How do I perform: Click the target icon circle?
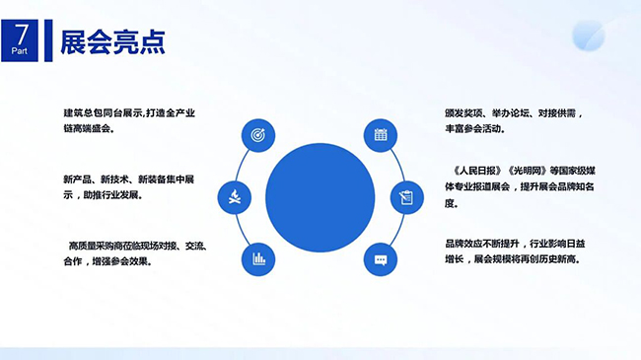258,135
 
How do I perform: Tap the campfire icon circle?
235,197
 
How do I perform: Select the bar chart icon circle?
258,259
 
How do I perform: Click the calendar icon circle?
381,135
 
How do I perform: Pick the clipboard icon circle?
406,197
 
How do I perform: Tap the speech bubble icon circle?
381,259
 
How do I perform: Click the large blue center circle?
320,197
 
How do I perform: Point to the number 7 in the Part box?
21,35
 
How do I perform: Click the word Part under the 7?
20,51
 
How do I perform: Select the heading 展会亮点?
112,41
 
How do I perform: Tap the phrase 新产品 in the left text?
77,180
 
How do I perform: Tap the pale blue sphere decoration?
589,36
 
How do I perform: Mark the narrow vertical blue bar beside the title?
48,40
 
